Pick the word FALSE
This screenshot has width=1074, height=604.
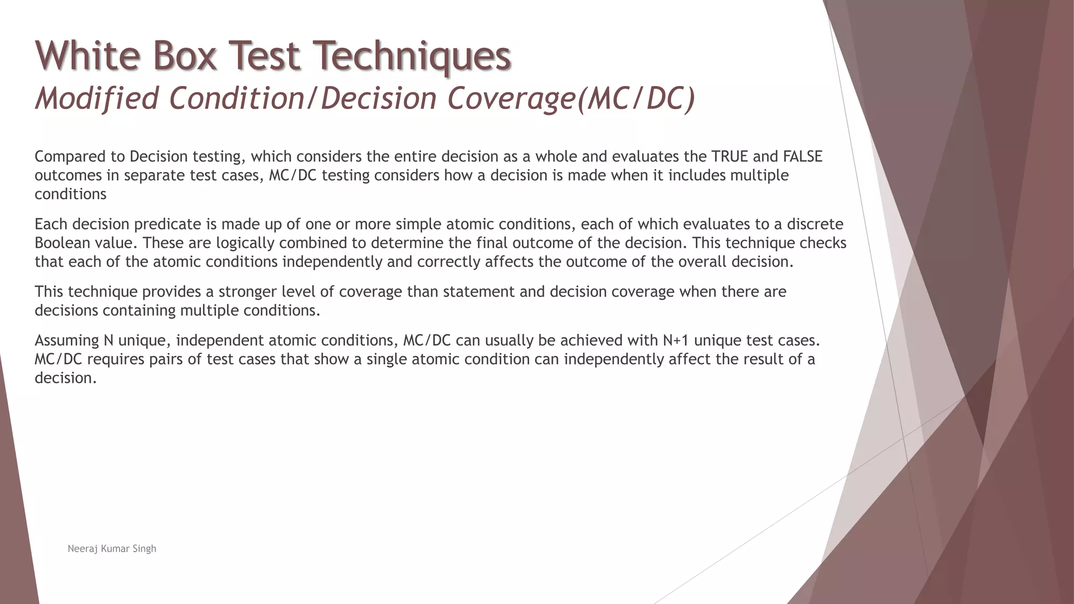(802, 156)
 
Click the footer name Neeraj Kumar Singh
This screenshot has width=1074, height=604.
(112, 548)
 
